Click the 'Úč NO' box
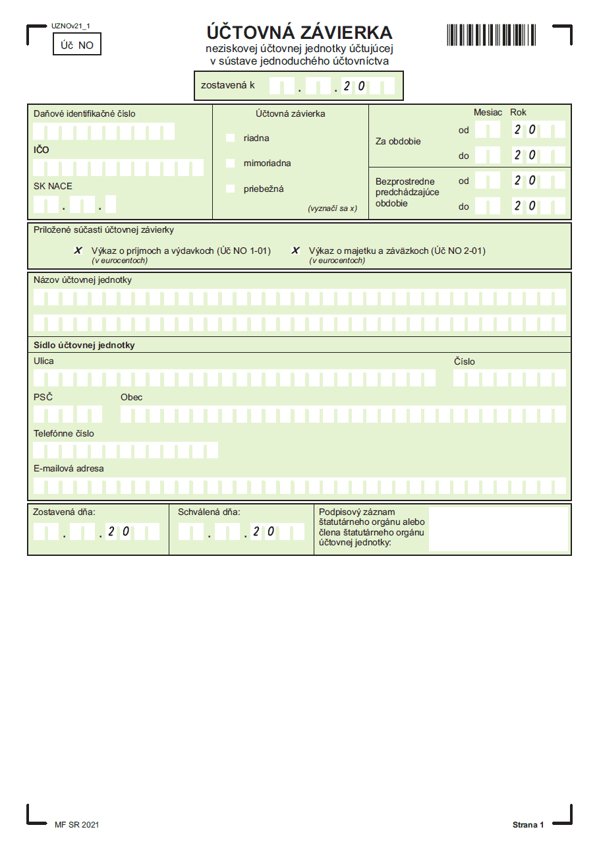pos(77,45)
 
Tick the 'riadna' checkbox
pos(230,138)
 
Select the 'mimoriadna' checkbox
pos(230,163)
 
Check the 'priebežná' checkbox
pos(230,189)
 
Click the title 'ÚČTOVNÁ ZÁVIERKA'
pos(299,32)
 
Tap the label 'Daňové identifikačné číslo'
pos(84,113)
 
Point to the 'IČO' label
pos(42,150)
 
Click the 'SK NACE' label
pos(53,186)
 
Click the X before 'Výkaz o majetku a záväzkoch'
pos(296,251)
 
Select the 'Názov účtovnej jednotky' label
pos(82,280)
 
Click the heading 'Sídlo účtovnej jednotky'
pos(84,345)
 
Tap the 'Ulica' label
pos(43,361)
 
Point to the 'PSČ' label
pos(43,397)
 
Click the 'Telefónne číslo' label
pos(64,433)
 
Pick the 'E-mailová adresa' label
pos(69,468)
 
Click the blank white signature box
pos(498,529)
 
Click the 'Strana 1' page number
pos(528,825)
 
